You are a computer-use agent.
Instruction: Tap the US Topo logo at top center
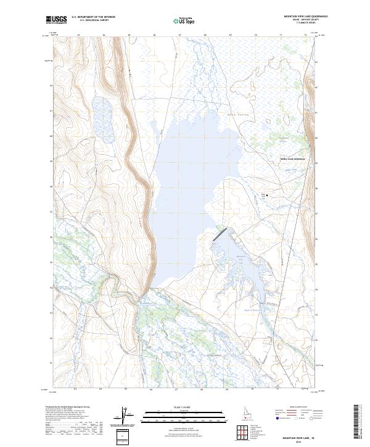183,20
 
